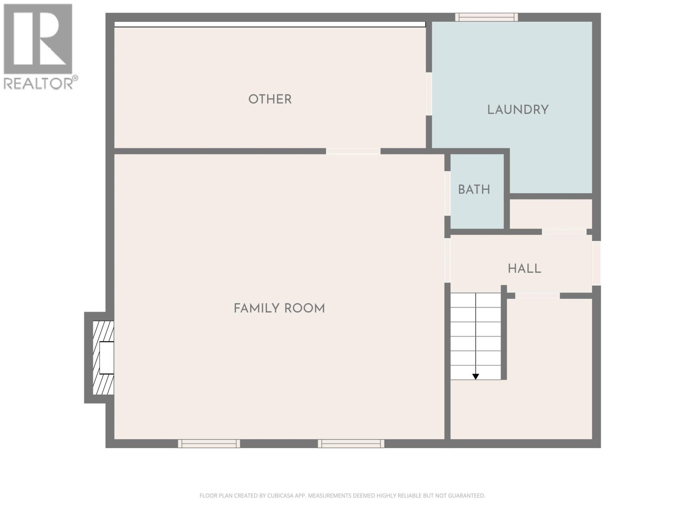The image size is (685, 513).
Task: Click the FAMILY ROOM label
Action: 279,308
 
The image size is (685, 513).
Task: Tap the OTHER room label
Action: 270,99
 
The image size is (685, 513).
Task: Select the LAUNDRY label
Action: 518,110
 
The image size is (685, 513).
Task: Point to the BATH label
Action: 474,190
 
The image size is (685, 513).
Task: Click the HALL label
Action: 524,269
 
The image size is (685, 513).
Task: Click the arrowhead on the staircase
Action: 475,377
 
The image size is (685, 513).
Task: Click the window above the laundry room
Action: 486,17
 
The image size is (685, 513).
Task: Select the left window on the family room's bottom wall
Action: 209,444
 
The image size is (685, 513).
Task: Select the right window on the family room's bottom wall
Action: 351,444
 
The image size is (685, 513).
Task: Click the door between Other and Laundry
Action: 429,94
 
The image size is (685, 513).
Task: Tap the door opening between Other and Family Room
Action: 353,151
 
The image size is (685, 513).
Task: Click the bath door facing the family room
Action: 447,193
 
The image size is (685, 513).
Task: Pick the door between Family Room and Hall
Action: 447,260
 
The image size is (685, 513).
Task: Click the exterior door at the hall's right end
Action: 596,263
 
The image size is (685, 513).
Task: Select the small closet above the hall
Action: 551,214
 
